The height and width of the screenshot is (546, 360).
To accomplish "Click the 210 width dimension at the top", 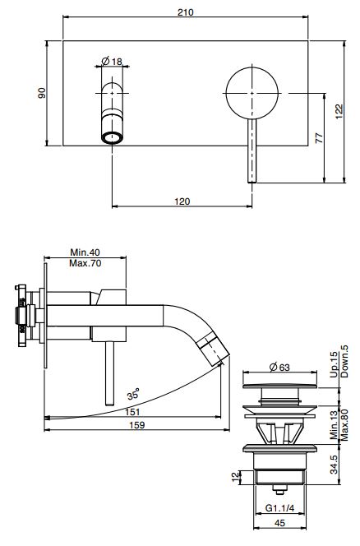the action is click(x=185, y=12).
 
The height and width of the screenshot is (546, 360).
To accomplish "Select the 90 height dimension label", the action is click(x=42, y=93).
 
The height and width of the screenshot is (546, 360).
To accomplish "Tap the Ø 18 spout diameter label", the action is click(x=112, y=62).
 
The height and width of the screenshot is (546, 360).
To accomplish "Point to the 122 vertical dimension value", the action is click(x=339, y=112).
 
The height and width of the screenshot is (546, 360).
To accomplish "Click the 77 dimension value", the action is click(x=319, y=137).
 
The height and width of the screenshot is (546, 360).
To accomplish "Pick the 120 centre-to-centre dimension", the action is click(x=182, y=201).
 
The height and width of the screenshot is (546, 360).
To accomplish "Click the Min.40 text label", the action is click(x=85, y=252).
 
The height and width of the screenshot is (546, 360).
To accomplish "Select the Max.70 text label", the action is click(x=85, y=263).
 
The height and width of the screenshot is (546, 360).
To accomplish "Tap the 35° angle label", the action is click(x=133, y=394).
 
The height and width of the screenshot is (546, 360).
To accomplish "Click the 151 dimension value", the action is click(x=132, y=412).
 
